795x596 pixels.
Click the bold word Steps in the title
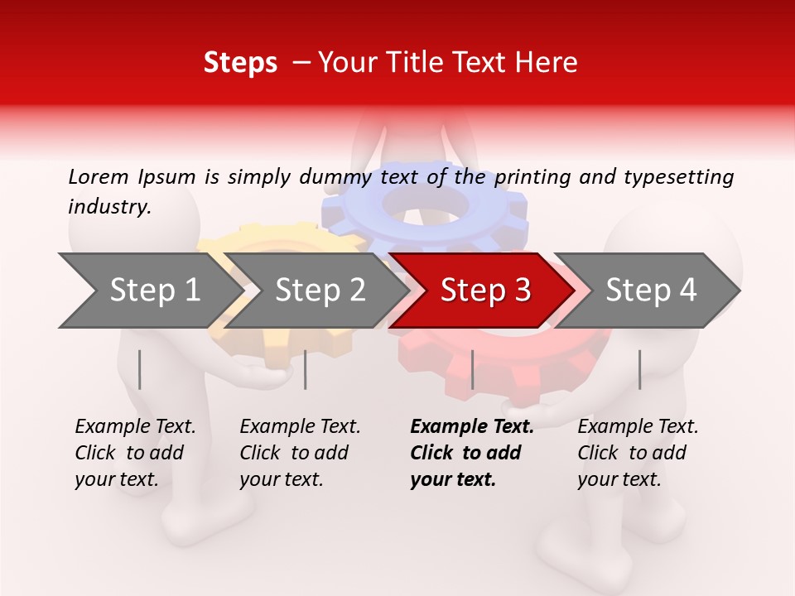(240, 63)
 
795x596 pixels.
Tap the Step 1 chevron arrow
(145, 291)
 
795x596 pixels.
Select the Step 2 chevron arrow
(315, 291)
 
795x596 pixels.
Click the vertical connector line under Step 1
(140, 369)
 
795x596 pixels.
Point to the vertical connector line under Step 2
(306, 369)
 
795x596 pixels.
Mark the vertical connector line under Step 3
(472, 369)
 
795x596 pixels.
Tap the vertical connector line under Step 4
(639, 369)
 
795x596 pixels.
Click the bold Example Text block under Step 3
(472, 453)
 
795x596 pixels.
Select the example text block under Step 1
(135, 453)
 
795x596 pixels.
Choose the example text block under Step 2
(300, 453)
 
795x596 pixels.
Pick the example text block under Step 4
(638, 453)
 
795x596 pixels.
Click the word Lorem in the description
(99, 176)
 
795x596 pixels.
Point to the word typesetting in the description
(678, 177)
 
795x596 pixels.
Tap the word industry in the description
(109, 207)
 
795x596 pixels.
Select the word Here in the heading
(548, 63)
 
